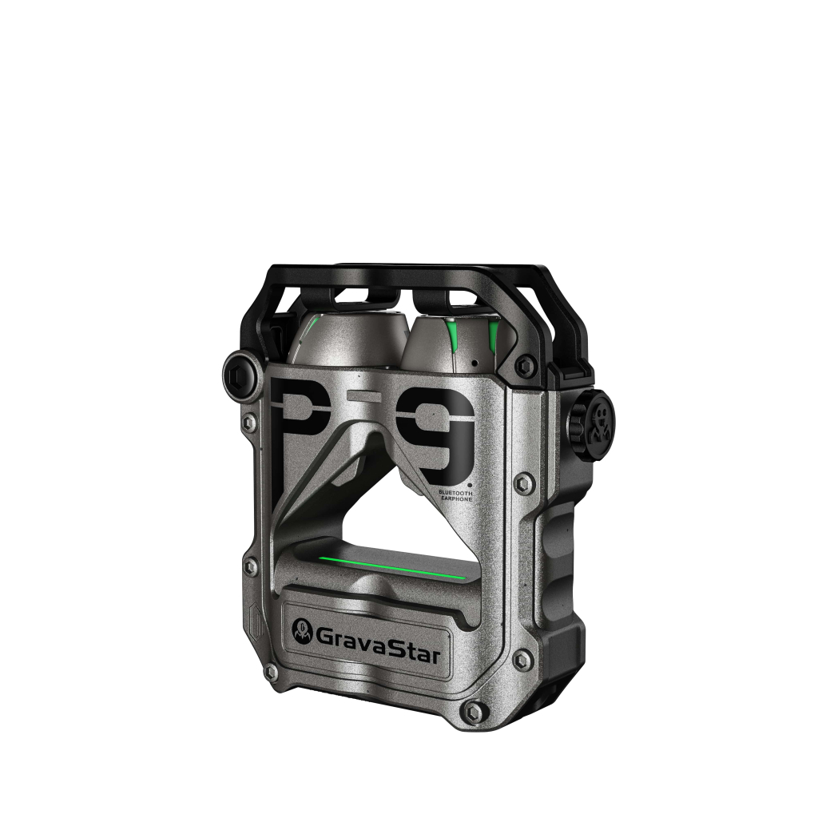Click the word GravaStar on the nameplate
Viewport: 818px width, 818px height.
click(x=379, y=636)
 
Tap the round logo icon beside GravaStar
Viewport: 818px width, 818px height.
click(x=303, y=630)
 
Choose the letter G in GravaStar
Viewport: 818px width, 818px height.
click(x=326, y=636)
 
